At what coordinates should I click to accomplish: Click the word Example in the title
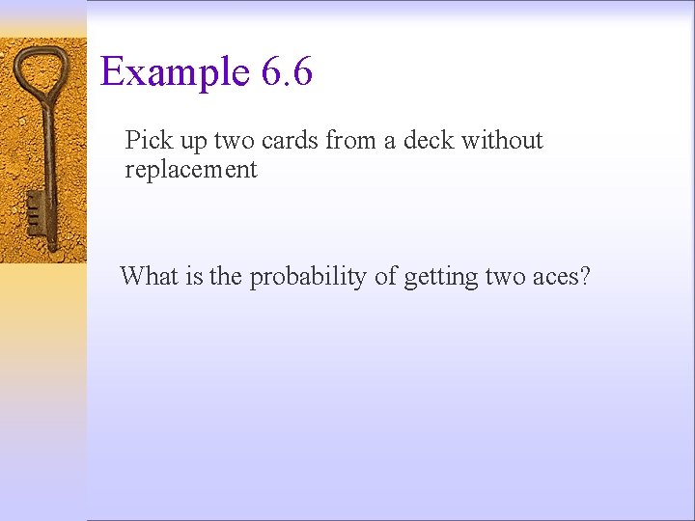tap(174, 72)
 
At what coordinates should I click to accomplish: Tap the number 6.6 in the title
tap(286, 72)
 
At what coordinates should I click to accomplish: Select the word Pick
tap(149, 141)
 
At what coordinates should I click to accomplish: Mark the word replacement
tap(191, 171)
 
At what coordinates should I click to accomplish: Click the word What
tap(150, 277)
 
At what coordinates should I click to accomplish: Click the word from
tap(351, 141)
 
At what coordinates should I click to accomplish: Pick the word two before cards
tap(234, 141)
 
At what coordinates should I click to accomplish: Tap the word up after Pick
tap(192, 142)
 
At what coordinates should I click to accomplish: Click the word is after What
tap(193, 277)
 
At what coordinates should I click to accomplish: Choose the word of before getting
tap(386, 277)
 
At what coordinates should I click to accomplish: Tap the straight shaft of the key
tap(46, 164)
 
